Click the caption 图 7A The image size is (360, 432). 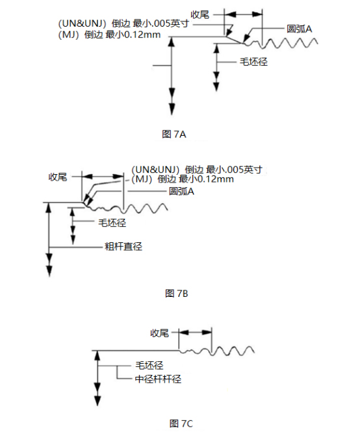pos(174,134)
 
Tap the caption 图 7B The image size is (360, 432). pos(176,294)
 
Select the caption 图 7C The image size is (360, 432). pos(181,423)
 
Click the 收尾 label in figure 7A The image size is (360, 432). pos(200,14)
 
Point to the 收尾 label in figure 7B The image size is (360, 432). pos(58,177)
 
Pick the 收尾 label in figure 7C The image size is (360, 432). pos(159,333)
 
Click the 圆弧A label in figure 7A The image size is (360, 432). pos(299,29)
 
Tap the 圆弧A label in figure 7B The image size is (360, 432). pos(181,191)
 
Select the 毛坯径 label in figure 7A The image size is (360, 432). pos(253,62)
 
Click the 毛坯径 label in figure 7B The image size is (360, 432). pos(112,223)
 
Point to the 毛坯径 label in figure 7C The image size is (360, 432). pos(149,365)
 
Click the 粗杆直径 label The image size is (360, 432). pos(123,246)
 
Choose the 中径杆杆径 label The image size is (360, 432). pos(158,379)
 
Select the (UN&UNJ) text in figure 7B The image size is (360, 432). pos(155,169)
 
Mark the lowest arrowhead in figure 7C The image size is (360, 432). pos(97,400)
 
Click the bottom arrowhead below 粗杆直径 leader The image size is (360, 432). pos(49,270)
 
